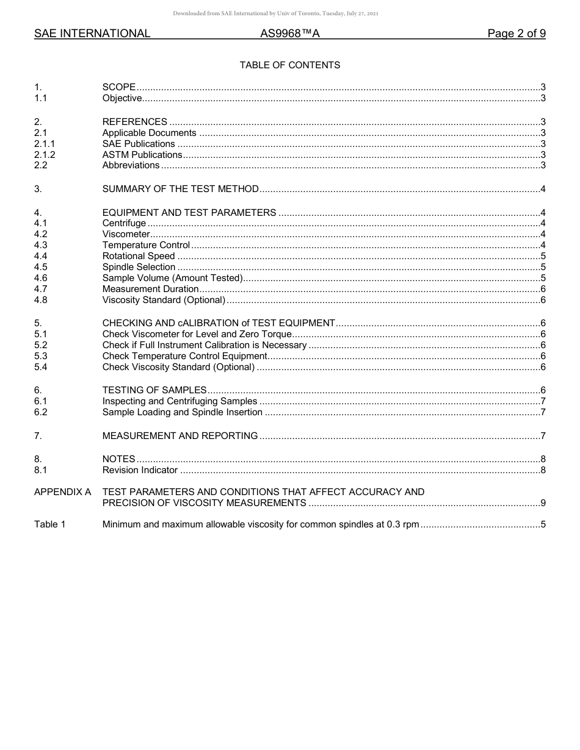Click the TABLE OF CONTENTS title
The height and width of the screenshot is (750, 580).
point(289,65)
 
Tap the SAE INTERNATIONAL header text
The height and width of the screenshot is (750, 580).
point(92,34)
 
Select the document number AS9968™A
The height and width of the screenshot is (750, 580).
point(289,34)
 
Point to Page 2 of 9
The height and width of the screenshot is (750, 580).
point(516,34)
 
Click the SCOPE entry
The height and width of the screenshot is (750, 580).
point(119,87)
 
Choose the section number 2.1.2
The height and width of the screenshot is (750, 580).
point(45,155)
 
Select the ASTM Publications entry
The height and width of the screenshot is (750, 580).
point(142,155)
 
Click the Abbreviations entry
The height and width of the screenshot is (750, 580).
point(131,165)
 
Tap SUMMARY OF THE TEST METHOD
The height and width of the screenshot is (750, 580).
point(180,189)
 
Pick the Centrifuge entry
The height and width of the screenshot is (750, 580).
point(124,223)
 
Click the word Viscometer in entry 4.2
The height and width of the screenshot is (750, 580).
point(126,234)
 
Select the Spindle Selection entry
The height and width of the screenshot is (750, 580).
point(139,267)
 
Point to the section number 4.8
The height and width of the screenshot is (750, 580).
point(41,300)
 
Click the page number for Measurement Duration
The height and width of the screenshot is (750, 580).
point(543,289)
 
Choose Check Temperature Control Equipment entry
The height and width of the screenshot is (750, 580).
point(184,356)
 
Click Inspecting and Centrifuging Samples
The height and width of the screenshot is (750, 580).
point(179,401)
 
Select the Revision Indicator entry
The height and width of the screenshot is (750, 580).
point(140,470)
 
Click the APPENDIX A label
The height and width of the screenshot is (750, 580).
point(62,492)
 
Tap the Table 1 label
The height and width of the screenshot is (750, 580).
point(49,524)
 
